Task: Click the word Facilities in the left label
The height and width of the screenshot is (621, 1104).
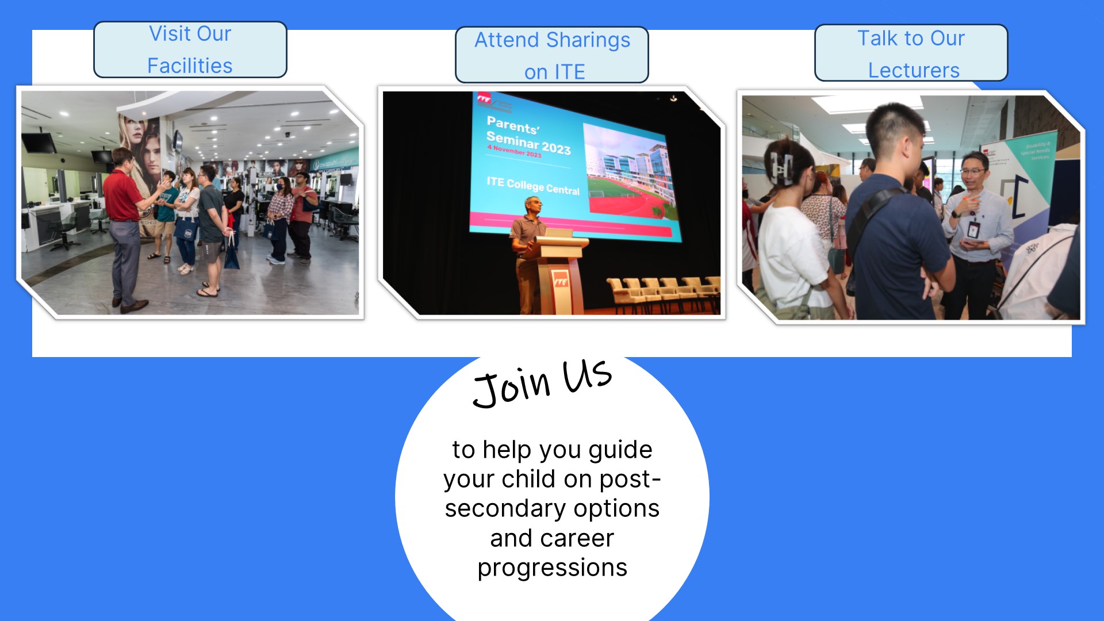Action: pyautogui.click(x=190, y=66)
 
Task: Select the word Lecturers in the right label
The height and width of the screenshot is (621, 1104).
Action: pyautogui.click(x=914, y=70)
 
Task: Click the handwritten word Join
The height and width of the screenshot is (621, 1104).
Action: pyautogui.click(x=511, y=388)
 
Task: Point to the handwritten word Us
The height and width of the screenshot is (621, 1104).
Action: pyautogui.click(x=586, y=375)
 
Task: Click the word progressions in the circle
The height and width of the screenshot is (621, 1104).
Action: pyautogui.click(x=552, y=568)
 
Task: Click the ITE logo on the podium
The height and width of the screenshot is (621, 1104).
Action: pyautogui.click(x=560, y=281)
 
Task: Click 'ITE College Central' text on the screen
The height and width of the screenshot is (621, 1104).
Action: pyautogui.click(x=533, y=186)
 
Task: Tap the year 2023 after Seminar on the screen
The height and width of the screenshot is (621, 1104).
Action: pyautogui.click(x=556, y=148)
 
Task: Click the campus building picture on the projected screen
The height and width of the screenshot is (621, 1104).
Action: pyautogui.click(x=630, y=172)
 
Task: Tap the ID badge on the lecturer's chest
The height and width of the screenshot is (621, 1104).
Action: pyautogui.click(x=973, y=229)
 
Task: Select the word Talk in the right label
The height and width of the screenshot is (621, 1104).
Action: pyautogui.click(x=877, y=39)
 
